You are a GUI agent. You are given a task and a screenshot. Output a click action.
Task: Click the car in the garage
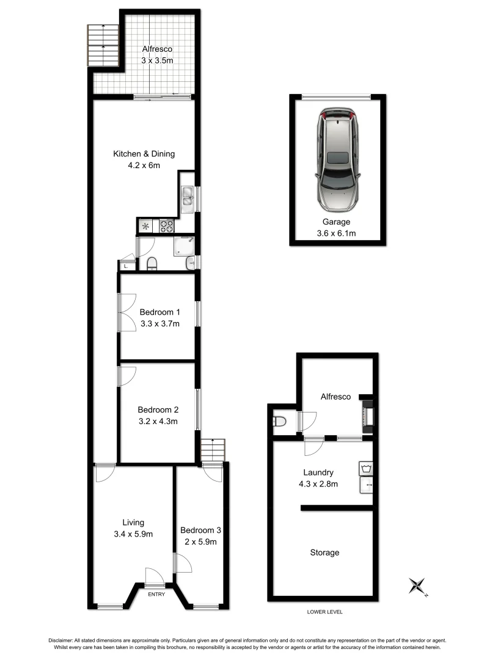tap(337, 161)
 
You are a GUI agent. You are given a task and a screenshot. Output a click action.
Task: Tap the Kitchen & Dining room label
tap(144, 153)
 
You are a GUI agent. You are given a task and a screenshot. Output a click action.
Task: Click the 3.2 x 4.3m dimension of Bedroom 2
tap(158, 420)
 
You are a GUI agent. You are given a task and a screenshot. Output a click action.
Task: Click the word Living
tap(133, 522)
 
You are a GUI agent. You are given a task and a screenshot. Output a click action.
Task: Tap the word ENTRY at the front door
tap(156, 595)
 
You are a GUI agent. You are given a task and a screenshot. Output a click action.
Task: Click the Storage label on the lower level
tap(324, 552)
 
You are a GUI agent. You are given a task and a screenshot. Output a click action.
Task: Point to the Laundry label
tap(318, 472)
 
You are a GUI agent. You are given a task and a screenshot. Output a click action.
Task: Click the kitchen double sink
tap(188, 196)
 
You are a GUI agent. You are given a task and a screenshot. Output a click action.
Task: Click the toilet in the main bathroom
tap(152, 263)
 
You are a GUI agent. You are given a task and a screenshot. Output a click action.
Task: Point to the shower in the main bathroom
tap(184, 246)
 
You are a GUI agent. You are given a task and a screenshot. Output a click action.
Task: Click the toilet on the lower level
tap(280, 422)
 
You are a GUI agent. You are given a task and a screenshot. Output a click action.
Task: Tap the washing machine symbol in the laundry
tap(365, 470)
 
